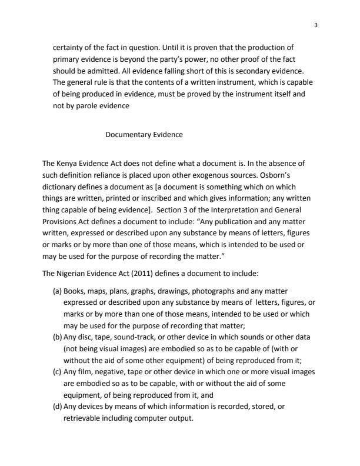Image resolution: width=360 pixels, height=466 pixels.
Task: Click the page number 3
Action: (316, 25)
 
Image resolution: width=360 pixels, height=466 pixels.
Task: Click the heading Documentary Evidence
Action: (144, 135)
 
